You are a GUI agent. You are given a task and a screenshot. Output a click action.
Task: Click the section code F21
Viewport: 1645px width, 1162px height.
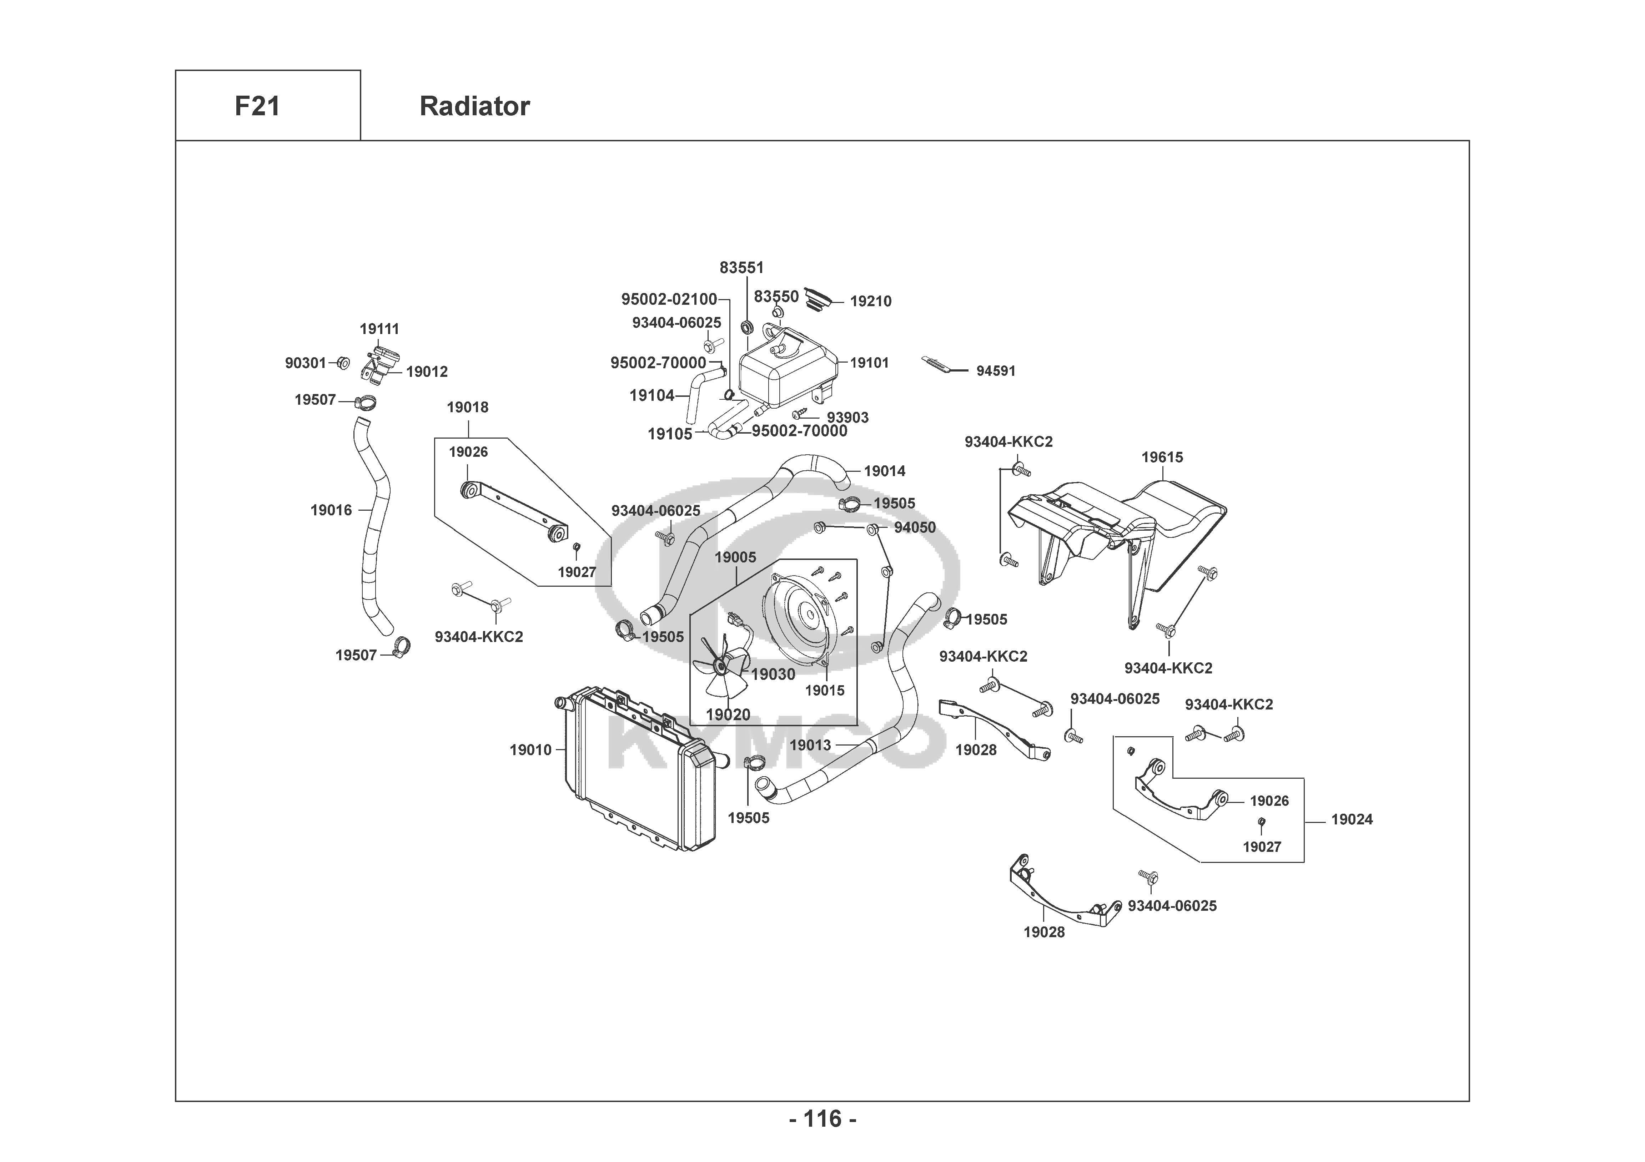(x=257, y=106)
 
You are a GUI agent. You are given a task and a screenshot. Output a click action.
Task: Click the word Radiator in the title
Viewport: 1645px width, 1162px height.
(x=474, y=106)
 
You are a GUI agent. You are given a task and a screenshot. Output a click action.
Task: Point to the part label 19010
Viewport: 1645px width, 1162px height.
(x=530, y=750)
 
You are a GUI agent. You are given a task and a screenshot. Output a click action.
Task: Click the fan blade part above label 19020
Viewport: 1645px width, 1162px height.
(x=722, y=670)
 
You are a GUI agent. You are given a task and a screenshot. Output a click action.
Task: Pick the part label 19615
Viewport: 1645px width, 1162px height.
(x=1162, y=457)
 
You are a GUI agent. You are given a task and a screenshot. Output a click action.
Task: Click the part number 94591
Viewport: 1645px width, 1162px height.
(x=996, y=371)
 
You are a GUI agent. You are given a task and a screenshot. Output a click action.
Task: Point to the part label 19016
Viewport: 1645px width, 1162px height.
(x=331, y=510)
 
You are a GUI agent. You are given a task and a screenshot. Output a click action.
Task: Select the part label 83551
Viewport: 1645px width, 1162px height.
(x=741, y=267)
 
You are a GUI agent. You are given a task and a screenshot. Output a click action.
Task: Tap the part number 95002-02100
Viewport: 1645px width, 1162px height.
(x=669, y=299)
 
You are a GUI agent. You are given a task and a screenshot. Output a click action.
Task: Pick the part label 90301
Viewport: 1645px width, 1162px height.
(x=305, y=363)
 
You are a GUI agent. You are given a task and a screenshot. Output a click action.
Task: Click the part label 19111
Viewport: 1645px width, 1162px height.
(x=379, y=329)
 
